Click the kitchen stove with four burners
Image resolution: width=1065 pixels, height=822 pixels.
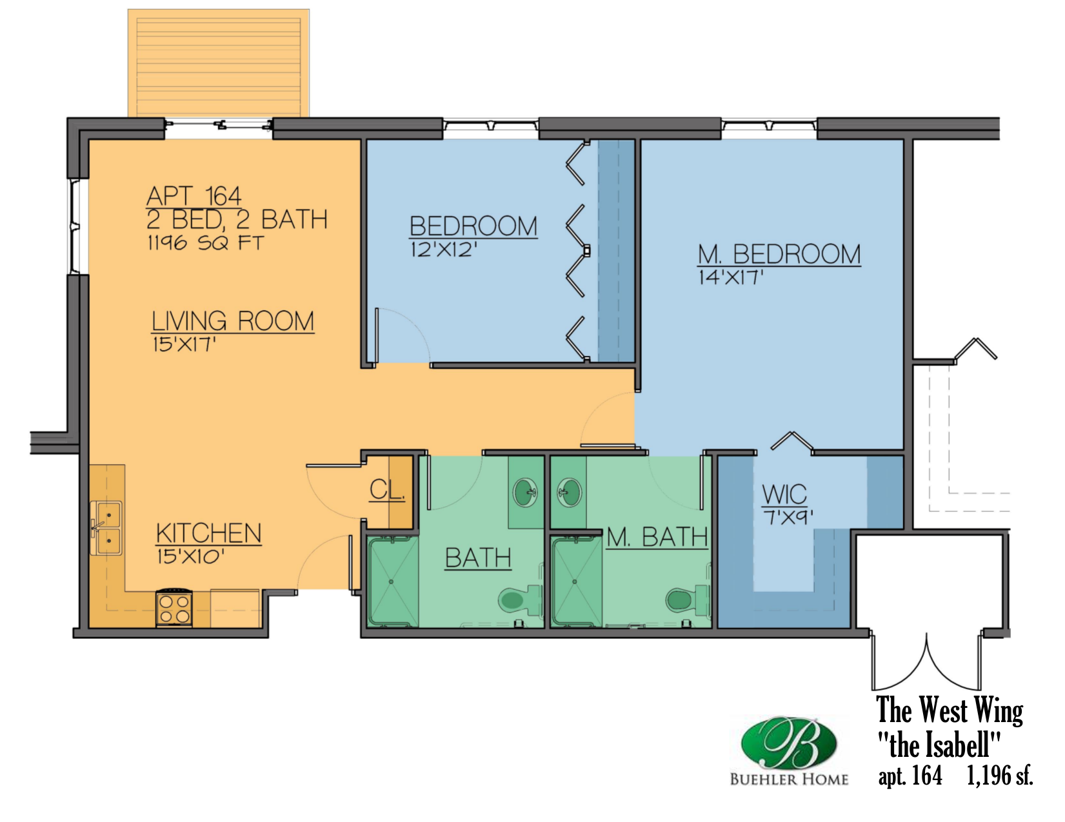coord(174,609)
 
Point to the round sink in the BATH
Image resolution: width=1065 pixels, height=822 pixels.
coord(526,493)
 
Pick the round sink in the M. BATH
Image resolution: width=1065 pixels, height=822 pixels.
coord(569,493)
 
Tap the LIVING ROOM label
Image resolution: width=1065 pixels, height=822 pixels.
coord(233,321)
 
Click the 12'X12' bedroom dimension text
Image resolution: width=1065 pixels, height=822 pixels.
coord(444,250)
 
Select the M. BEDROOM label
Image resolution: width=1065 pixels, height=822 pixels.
coord(779,254)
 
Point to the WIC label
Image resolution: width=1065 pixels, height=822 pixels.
coord(784,494)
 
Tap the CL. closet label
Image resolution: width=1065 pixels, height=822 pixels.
coord(387,490)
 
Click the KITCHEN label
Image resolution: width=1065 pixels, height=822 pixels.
coord(209,533)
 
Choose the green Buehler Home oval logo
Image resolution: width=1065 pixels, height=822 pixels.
coord(789,742)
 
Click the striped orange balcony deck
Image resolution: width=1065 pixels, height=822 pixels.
coord(218,63)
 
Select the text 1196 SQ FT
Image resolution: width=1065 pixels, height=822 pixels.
coord(205,243)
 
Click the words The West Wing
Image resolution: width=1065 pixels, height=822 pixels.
coord(950,710)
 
